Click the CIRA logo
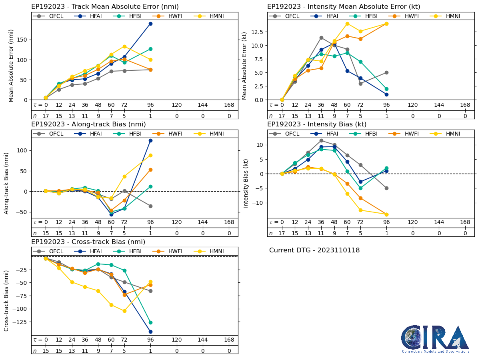(436, 339)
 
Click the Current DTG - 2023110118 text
(314, 250)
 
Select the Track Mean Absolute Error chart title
(105, 7)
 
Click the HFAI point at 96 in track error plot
(150, 24)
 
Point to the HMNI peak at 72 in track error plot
(124, 46)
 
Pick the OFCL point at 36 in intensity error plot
(321, 38)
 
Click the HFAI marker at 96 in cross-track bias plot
(150, 332)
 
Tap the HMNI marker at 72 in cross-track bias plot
(124, 311)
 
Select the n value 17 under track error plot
(46, 116)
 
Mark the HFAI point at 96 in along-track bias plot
(150, 140)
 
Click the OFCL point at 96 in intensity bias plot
(386, 188)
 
